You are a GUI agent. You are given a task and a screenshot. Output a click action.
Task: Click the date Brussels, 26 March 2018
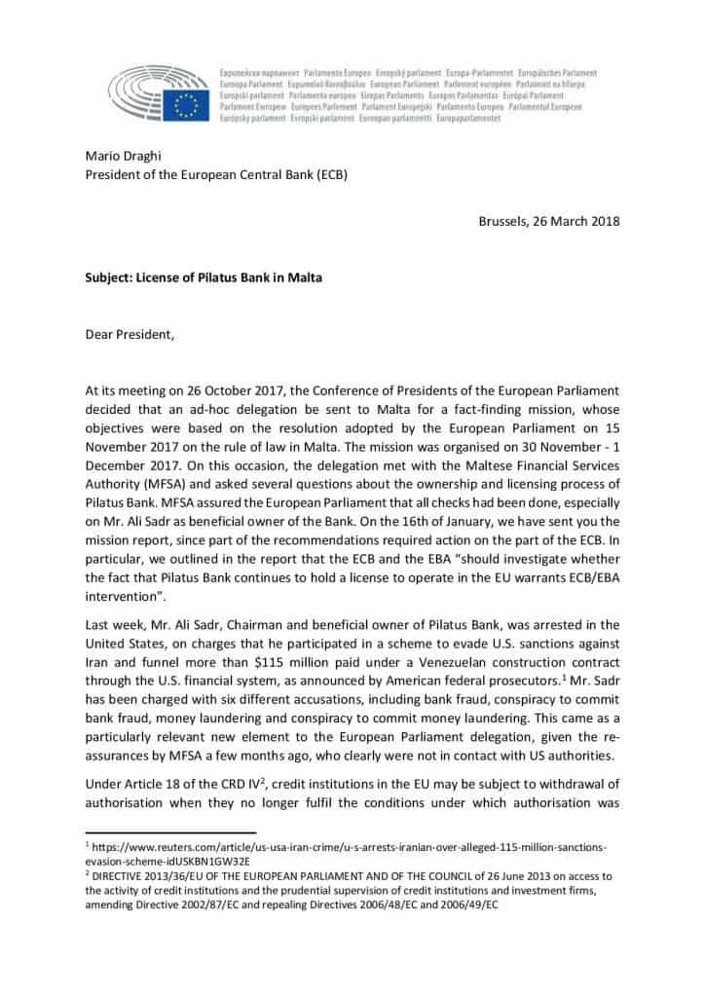click(x=549, y=220)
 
